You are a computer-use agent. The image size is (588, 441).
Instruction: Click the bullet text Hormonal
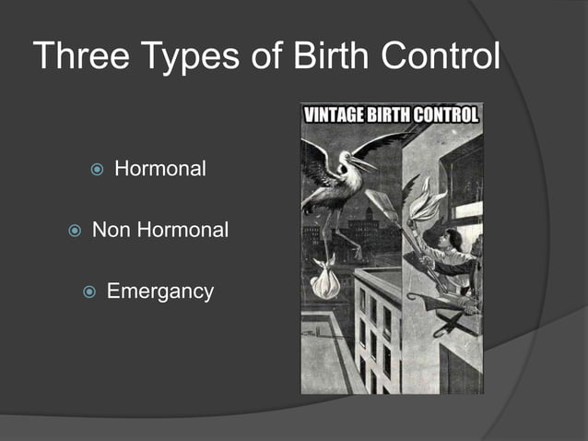[x=159, y=170]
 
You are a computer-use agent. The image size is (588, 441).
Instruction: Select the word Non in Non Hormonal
[x=111, y=231]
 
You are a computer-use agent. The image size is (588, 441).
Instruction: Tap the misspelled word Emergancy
[x=160, y=292]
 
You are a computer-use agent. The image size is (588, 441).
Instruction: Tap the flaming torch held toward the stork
[x=427, y=204]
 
